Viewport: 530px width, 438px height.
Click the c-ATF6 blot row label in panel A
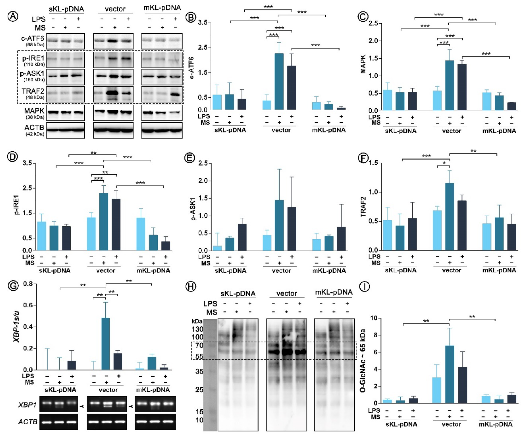point(33,39)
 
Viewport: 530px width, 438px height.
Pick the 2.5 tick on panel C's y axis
point(373,23)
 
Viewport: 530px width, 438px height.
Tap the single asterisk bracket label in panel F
point(444,163)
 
